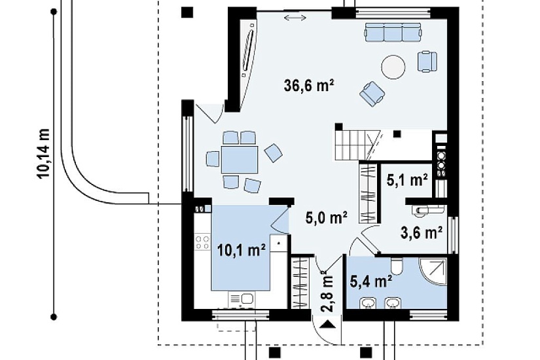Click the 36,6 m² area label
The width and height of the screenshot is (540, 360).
coord(309,86)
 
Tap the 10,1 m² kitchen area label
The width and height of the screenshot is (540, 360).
coord(242,251)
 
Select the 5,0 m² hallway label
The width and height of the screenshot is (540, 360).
coord(326,217)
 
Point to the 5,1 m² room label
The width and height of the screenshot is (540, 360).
coord(407,180)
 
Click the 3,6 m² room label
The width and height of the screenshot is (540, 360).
coord(422,232)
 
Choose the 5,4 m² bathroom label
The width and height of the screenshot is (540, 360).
coord(371,281)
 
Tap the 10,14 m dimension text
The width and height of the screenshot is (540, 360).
coord(43,153)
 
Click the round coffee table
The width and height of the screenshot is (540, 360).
coord(393,67)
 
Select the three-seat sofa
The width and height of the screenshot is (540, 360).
coord(393,32)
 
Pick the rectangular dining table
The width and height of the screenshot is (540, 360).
coord(240,160)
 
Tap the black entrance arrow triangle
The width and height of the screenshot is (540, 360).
coord(327,324)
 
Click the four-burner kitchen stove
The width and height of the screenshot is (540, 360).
coord(202,242)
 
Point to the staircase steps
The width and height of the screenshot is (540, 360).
coord(357,145)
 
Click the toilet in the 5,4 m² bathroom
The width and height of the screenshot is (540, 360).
coord(397,266)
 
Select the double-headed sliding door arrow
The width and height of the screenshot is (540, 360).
coord(295,18)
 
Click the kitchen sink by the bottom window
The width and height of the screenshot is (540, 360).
coord(241,299)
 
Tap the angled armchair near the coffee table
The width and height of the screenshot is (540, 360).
coord(372,94)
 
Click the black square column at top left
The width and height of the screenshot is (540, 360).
coord(187,12)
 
